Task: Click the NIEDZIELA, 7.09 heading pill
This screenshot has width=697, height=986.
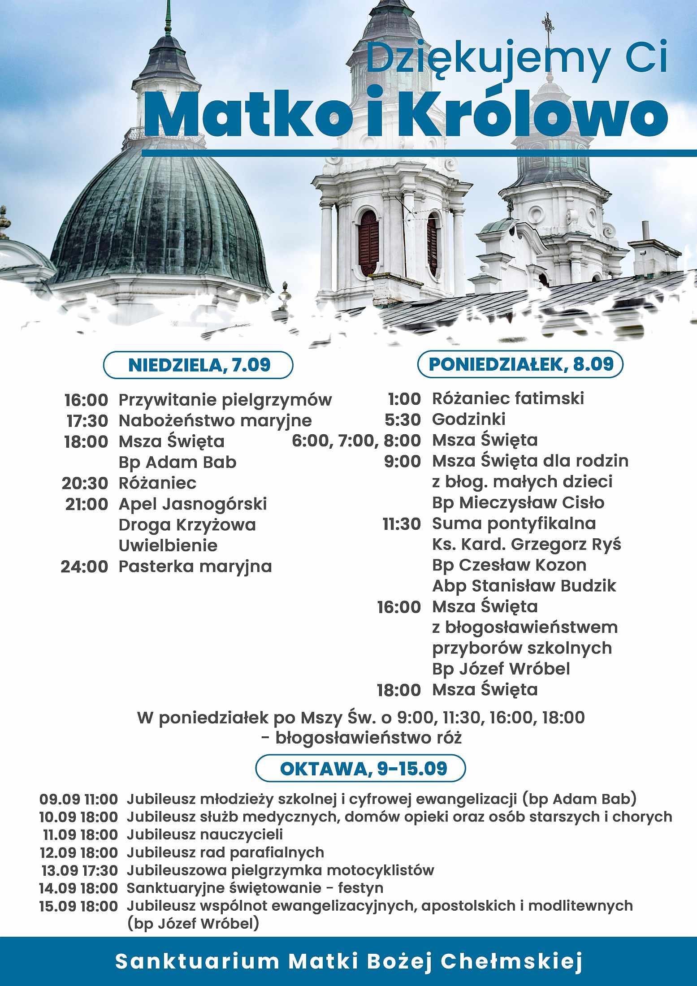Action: click(x=199, y=365)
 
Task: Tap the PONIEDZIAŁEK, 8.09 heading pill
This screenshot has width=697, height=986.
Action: click(x=520, y=364)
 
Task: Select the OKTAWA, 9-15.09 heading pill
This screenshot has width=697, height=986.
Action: click(x=361, y=768)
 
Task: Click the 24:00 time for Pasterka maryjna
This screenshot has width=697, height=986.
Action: click(x=85, y=567)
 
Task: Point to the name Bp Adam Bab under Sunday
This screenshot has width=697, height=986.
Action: click(x=177, y=462)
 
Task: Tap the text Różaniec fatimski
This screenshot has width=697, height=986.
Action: click(x=508, y=398)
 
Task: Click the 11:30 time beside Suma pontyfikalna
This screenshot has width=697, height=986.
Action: click(x=402, y=523)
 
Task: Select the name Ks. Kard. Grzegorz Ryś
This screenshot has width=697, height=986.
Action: click(x=526, y=544)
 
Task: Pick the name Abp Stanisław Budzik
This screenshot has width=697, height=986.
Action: click(x=524, y=586)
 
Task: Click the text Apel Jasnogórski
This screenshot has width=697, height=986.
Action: click(x=193, y=504)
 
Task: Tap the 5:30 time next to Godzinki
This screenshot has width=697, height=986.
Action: click(x=403, y=419)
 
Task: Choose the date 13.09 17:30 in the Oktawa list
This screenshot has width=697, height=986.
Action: click(x=79, y=870)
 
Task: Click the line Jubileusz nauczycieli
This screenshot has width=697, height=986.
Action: click(x=205, y=835)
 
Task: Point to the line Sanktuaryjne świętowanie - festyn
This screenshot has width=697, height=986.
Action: click(x=255, y=888)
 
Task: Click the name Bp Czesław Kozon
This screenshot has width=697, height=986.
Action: click(x=509, y=565)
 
